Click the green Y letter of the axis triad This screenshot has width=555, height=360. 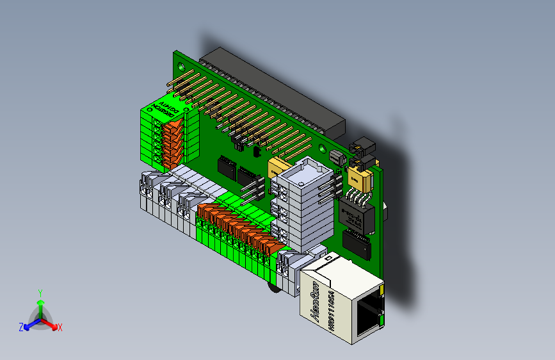[40, 292]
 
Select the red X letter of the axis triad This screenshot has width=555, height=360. [60, 328]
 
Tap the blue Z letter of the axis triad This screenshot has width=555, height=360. [21, 327]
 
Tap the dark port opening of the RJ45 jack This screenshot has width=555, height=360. [367, 316]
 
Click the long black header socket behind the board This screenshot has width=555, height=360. [275, 90]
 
